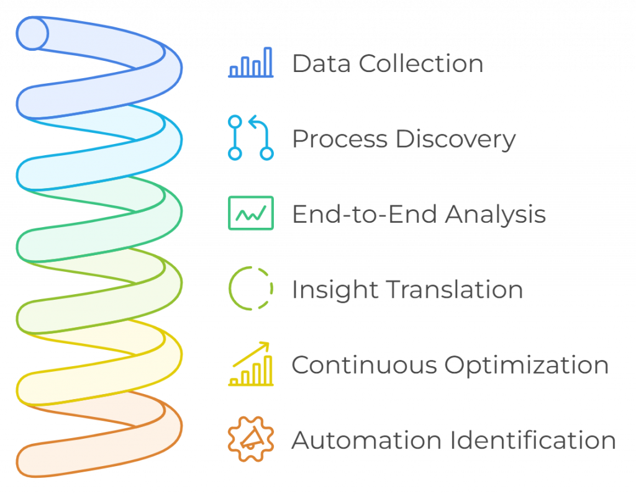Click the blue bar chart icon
(x=251, y=62)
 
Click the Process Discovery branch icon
(x=251, y=138)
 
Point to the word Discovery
(x=455, y=139)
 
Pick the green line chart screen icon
(x=251, y=213)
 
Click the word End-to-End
(x=364, y=214)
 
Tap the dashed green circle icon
(x=251, y=289)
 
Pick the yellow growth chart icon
(x=251, y=364)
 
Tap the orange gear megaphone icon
(x=251, y=439)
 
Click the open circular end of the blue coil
(x=32, y=33)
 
